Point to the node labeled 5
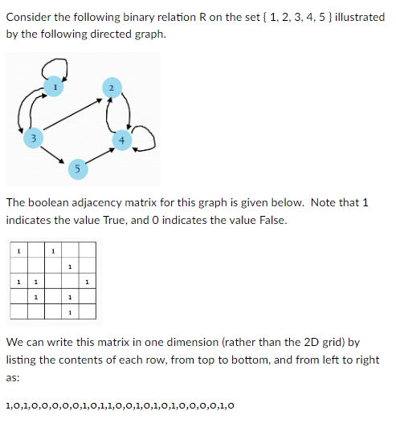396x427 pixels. point(76,168)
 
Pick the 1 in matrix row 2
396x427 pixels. point(70,266)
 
